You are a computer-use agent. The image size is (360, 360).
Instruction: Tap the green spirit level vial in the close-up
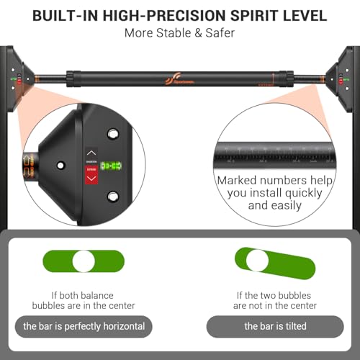pos(111,166)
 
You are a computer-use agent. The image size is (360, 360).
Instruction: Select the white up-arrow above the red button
pos(91,153)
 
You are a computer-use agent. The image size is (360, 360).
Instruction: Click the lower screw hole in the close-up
pos(112,197)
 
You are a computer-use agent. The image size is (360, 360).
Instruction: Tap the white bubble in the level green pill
pos(84,261)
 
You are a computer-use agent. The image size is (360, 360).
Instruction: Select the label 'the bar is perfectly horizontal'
pos(84,326)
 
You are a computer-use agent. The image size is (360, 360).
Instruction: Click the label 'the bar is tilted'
pos(275,326)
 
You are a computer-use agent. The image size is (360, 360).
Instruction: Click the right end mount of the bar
pos(341,75)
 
